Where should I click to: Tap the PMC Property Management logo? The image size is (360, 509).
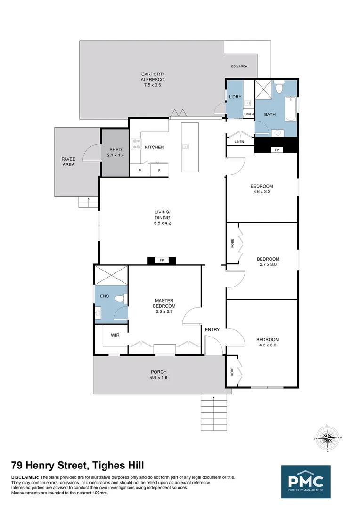pyautogui.click(x=306, y=482)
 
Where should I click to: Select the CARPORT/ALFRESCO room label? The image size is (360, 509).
pyautogui.click(x=152, y=79)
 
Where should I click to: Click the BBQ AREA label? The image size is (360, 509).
pyautogui.click(x=239, y=66)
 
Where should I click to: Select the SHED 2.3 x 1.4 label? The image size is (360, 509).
pyautogui.click(x=115, y=152)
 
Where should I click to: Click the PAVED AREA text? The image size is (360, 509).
pyautogui.click(x=68, y=162)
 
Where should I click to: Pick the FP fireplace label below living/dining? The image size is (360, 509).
pyautogui.click(x=162, y=260)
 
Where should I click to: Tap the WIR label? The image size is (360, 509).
pyautogui.click(x=115, y=336)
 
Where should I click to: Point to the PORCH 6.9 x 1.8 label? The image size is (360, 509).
pyautogui.click(x=159, y=375)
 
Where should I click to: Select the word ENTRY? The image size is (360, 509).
pyautogui.click(x=212, y=329)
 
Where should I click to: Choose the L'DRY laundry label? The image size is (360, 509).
pyautogui.click(x=235, y=97)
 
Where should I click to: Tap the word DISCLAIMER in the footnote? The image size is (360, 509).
pyautogui.click(x=25, y=477)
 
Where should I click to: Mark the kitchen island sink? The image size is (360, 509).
pyautogui.click(x=186, y=147)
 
